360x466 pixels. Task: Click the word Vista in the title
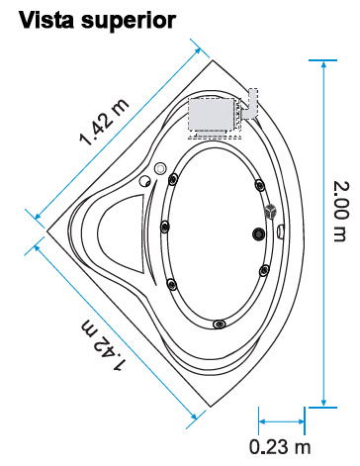click(46, 20)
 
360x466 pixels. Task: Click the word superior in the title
click(129, 23)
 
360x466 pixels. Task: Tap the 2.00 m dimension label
click(340, 211)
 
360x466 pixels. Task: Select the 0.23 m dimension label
click(280, 447)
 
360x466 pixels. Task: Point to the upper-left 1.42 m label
click(104, 122)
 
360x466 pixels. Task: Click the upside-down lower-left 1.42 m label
click(103, 344)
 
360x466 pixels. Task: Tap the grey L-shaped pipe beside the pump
click(250, 104)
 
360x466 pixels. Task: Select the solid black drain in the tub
click(258, 233)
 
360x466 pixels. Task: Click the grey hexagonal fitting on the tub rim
click(270, 211)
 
